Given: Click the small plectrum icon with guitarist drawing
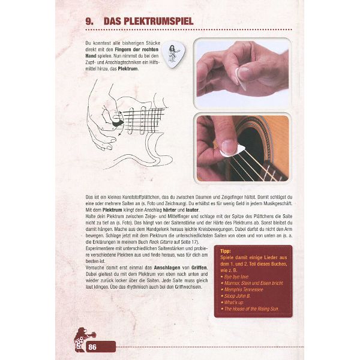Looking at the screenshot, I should tap(175, 55).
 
